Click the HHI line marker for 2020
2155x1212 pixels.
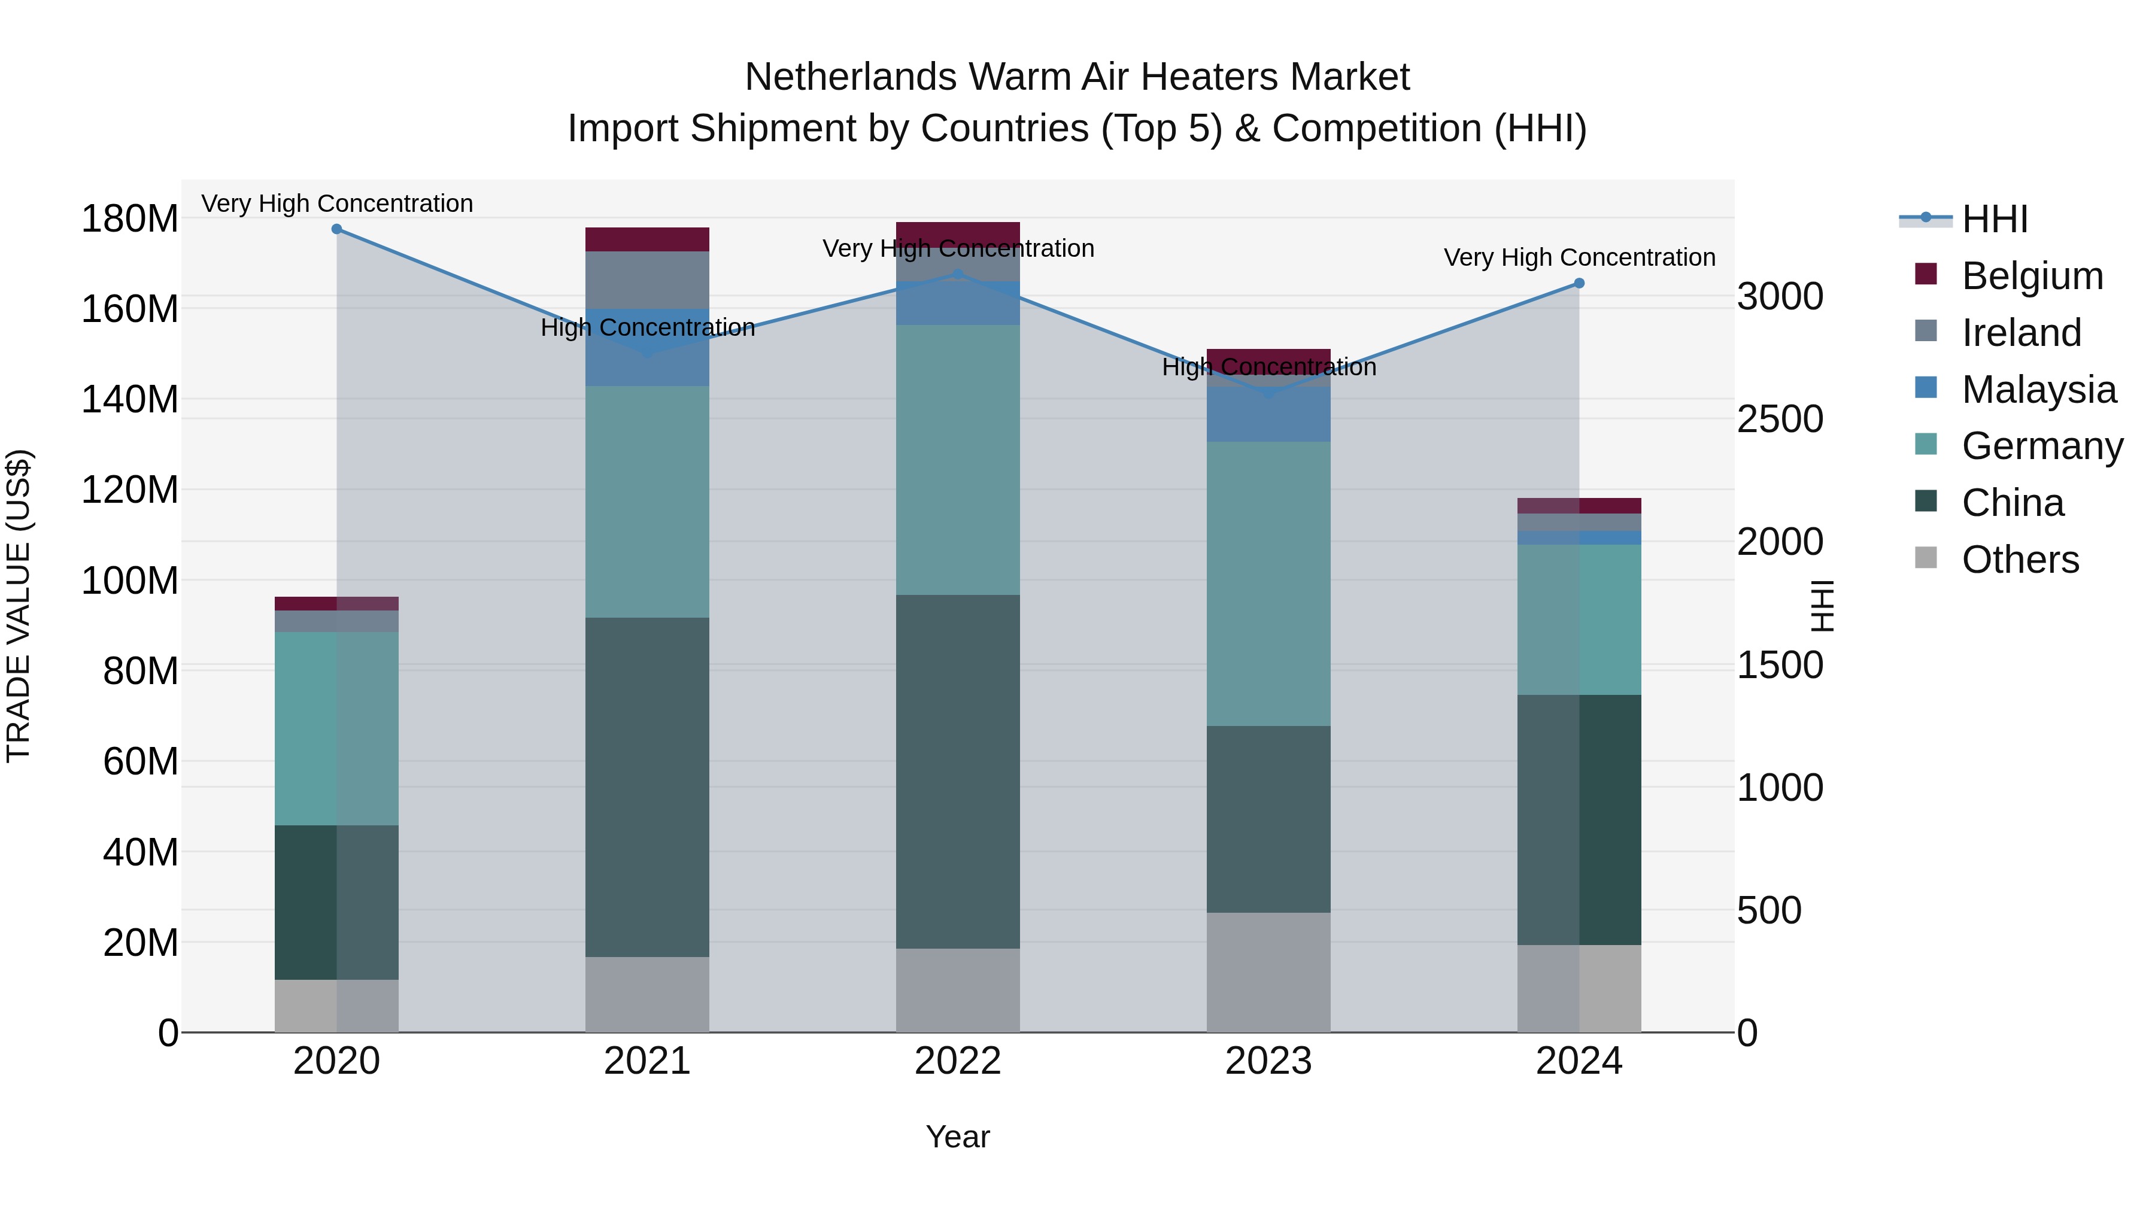336,229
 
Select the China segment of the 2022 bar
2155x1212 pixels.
958,771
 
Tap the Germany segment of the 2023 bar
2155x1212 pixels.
1268,583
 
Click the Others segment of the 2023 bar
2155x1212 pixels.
1268,972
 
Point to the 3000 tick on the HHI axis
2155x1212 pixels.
1780,296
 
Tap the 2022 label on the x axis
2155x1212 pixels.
958,1061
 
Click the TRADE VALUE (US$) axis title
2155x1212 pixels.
19,606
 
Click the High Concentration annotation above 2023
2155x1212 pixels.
1268,367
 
